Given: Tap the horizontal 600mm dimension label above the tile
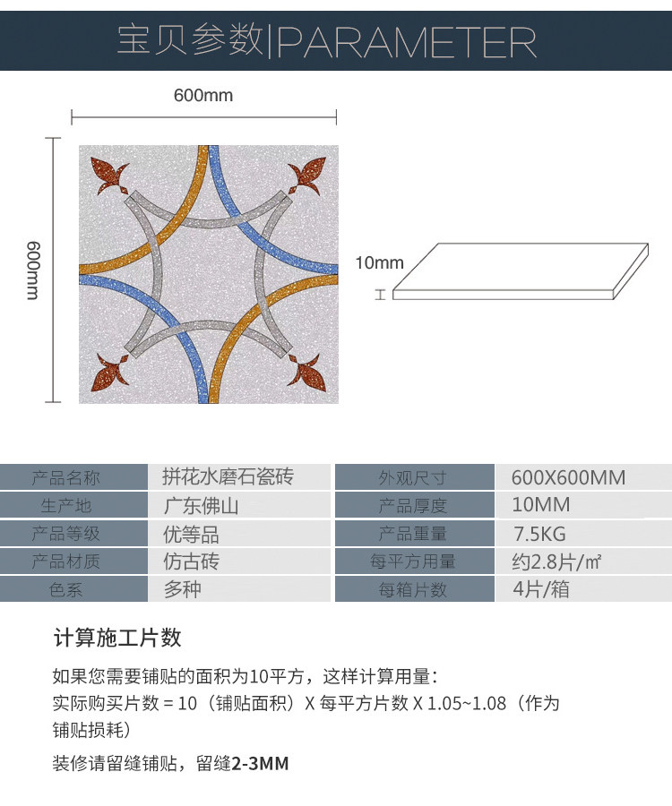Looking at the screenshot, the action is (x=203, y=95).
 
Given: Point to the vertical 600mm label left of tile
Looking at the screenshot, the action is (x=32, y=270).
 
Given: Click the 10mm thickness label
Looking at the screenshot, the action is (x=380, y=263).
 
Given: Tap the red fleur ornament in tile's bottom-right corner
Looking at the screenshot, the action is (x=306, y=369).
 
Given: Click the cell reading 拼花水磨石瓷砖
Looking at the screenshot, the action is (x=228, y=476).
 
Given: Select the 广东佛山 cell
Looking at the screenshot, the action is (x=201, y=505).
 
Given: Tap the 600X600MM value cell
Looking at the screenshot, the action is (x=568, y=477).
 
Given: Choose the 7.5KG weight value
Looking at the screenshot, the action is (x=539, y=534).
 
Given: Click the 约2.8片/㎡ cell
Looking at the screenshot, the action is (x=556, y=562).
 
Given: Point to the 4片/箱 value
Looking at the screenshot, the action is (x=540, y=590).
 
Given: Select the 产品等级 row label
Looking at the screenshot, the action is (x=66, y=534).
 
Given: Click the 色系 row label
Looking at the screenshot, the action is (x=66, y=590).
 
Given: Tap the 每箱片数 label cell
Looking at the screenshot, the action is (x=412, y=590).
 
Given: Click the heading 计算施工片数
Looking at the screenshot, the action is (x=117, y=638).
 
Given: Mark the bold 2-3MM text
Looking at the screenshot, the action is (x=260, y=764).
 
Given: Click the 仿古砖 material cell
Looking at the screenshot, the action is (x=191, y=562).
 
